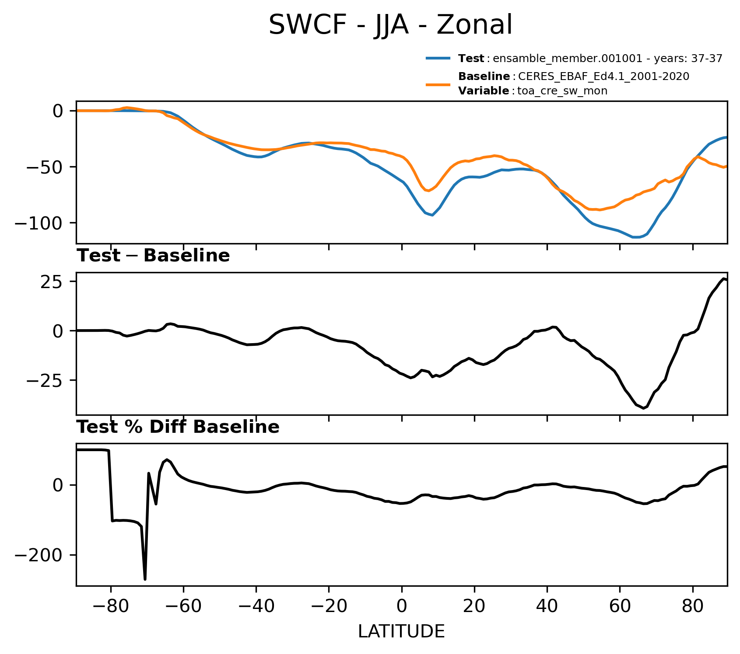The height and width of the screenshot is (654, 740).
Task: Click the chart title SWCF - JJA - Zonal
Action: pyautogui.click(x=390, y=24)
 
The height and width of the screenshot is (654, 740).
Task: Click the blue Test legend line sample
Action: pyautogui.click(x=438, y=58)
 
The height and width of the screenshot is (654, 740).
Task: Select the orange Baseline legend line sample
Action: pyautogui.click(x=438, y=84)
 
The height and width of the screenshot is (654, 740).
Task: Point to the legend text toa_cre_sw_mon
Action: pyautogui.click(x=562, y=91)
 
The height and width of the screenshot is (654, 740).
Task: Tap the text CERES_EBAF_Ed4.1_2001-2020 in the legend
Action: pyautogui.click(x=604, y=77)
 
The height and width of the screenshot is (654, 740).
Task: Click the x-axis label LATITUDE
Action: pyautogui.click(x=401, y=632)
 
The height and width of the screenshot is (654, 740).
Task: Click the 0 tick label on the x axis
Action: pyautogui.click(x=401, y=607)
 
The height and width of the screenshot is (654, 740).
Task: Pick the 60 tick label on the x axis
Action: pyautogui.click(x=620, y=607)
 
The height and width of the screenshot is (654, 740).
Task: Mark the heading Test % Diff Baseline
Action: pyautogui.click(x=178, y=427)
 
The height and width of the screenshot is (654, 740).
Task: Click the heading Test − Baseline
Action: pyautogui.click(x=153, y=256)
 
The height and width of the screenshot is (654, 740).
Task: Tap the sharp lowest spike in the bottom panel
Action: pyautogui.click(x=145, y=579)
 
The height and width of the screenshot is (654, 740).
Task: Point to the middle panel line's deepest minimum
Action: pyautogui.click(x=644, y=408)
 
